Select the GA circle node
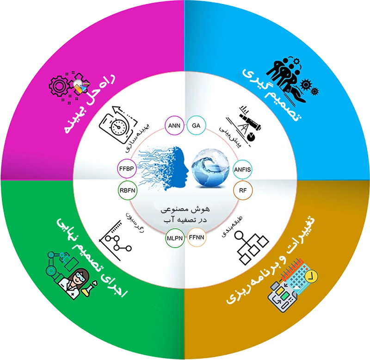click(196, 125)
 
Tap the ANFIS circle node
click(242, 169)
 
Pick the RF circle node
click(242, 190)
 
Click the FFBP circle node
click(126, 169)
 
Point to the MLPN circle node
click(175, 238)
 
